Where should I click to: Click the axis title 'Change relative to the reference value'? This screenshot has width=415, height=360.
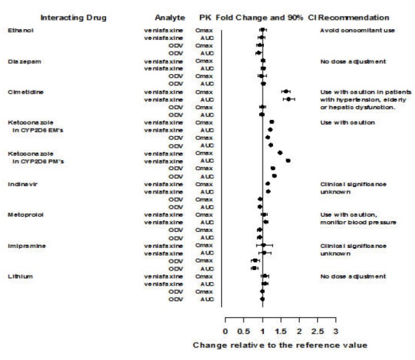pyautogui.click(x=279, y=345)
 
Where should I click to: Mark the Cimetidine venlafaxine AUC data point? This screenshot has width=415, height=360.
pyautogui.click(x=288, y=99)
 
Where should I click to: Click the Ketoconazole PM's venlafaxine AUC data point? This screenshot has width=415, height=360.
pyautogui.click(x=288, y=161)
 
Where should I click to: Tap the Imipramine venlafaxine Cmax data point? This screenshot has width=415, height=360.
pyautogui.click(x=264, y=245)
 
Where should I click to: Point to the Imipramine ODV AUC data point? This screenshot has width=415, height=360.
pyautogui.click(x=254, y=268)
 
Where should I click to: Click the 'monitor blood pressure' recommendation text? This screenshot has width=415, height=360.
pyautogui.click(x=358, y=222)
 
